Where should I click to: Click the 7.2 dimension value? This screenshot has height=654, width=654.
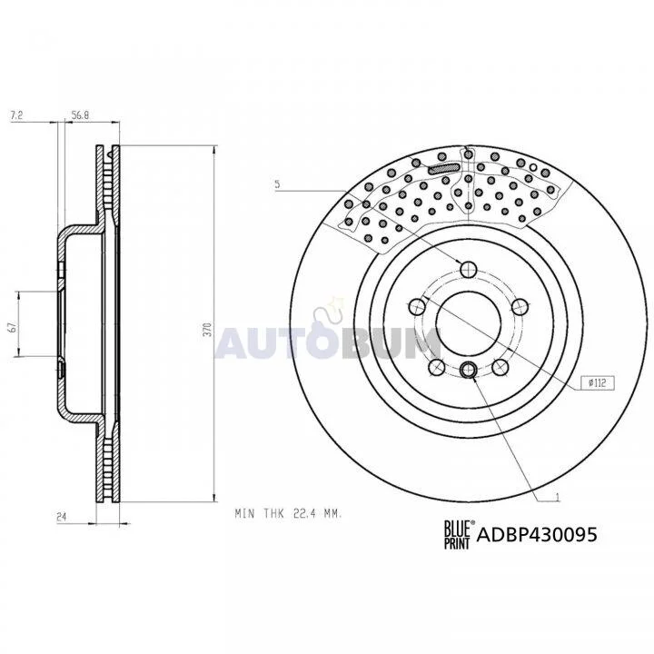tap(16, 115)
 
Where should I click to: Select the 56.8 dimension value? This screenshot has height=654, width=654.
tap(80, 115)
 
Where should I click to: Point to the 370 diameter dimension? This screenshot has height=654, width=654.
tap(209, 329)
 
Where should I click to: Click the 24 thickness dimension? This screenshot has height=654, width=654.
tap(62, 517)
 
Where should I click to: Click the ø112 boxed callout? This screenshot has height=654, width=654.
tap(599, 383)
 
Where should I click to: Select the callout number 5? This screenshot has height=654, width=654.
tap(277, 183)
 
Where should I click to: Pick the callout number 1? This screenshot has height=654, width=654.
tap(557, 497)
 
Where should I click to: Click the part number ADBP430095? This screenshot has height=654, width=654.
tap(537, 534)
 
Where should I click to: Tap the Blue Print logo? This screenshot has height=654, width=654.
tap(459, 535)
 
